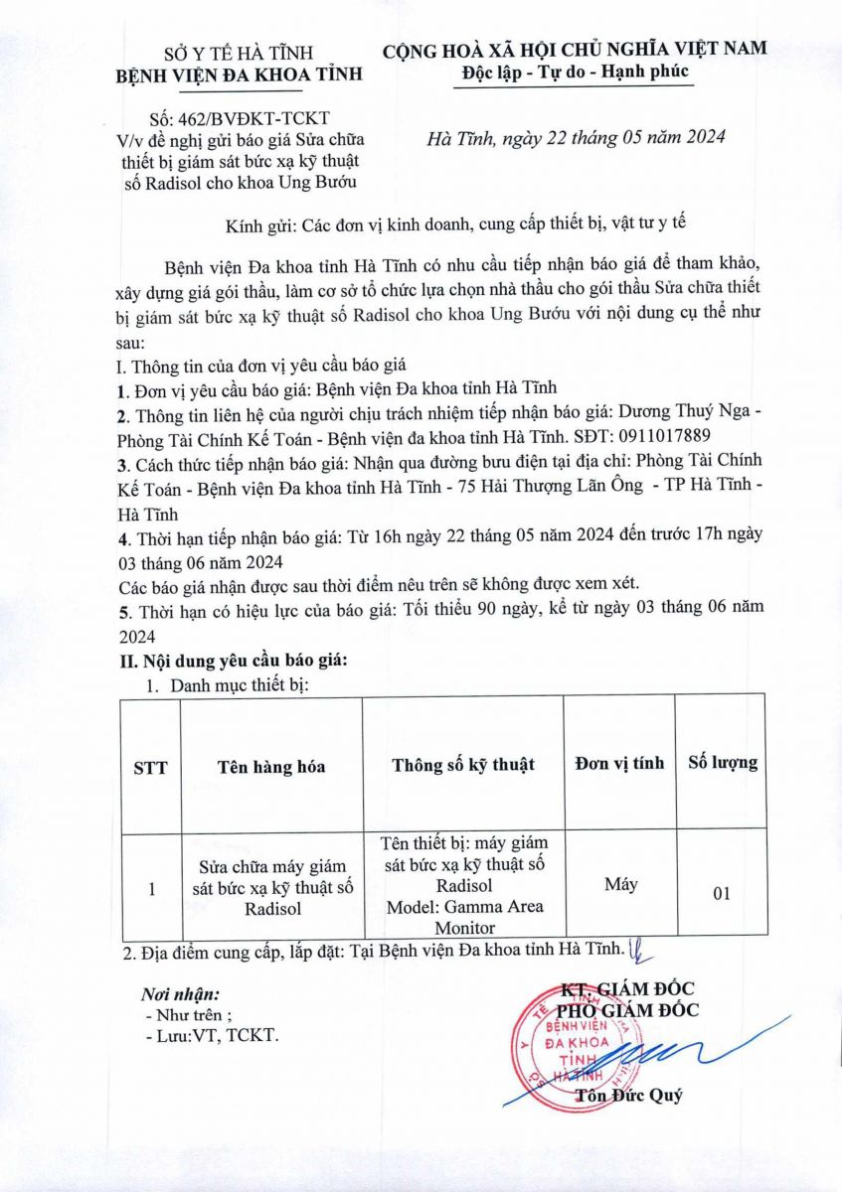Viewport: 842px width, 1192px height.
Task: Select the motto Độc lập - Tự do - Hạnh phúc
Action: click(x=575, y=73)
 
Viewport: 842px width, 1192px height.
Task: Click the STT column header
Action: click(x=150, y=766)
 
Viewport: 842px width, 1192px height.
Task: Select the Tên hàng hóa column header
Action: click(x=270, y=766)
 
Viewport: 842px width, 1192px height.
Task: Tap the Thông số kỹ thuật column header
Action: click(x=462, y=764)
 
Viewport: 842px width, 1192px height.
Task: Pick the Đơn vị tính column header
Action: click(x=619, y=763)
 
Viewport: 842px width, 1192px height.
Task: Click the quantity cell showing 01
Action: click(x=723, y=893)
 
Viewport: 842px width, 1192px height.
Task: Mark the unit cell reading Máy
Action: click(x=620, y=883)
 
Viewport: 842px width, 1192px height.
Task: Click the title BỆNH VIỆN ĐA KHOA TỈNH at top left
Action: click(x=239, y=74)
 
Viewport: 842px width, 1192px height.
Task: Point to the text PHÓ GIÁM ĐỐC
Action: click(x=628, y=1010)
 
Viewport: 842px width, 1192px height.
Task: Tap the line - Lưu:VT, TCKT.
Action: click(x=212, y=1035)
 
